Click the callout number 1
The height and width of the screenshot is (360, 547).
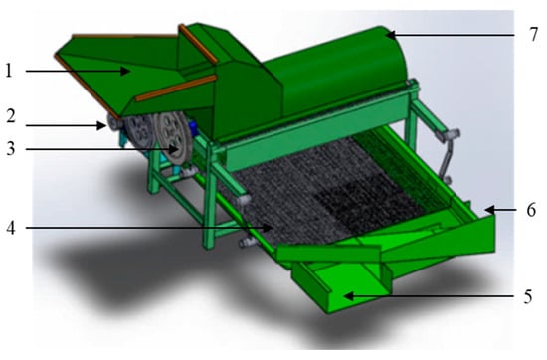click(9, 71)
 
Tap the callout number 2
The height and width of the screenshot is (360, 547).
click(11, 116)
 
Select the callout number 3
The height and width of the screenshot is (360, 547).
click(11, 149)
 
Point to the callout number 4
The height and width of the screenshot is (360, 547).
click(11, 228)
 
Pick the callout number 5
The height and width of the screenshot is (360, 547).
click(528, 297)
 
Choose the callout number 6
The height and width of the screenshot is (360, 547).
click(531, 211)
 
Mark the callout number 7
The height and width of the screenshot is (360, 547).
click(533, 35)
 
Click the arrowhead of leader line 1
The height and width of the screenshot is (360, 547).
click(126, 72)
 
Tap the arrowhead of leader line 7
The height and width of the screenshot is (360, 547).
click(391, 35)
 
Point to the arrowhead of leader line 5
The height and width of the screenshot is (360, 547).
click(348, 296)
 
